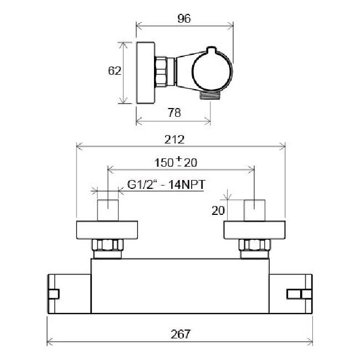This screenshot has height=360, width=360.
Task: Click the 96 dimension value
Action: click(184, 19)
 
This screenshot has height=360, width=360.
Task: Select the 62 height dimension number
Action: click(115, 71)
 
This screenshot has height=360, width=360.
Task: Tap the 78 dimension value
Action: click(174, 112)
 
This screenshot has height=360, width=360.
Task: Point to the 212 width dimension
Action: click(174, 140)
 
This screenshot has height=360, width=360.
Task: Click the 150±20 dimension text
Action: click(176, 162)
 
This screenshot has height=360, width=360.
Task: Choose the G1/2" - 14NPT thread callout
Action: click(166, 184)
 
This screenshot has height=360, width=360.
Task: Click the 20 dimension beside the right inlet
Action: click(218, 210)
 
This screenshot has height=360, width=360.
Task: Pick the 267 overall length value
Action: click(181, 334)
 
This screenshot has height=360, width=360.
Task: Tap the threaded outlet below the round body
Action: click(210, 95)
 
